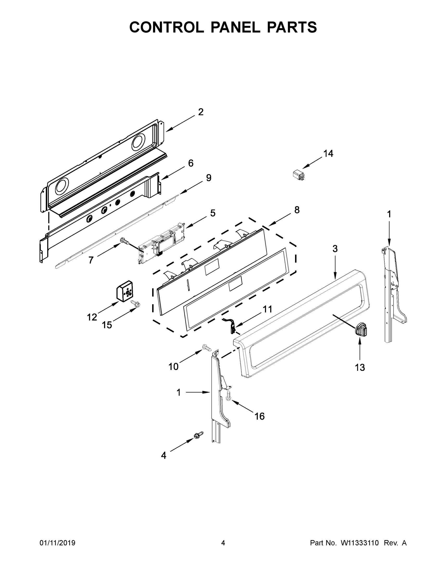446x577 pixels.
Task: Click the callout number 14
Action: point(328,153)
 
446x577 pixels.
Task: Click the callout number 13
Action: point(360,367)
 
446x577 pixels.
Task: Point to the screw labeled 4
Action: point(198,435)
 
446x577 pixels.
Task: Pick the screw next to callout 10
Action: point(207,348)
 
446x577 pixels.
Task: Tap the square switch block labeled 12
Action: point(125,291)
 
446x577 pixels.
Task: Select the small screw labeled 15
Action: point(136,304)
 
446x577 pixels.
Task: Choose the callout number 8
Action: point(297,210)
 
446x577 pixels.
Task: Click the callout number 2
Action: point(201,112)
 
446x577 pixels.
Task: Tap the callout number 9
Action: point(208,178)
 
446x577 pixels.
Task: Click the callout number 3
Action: point(335,249)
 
